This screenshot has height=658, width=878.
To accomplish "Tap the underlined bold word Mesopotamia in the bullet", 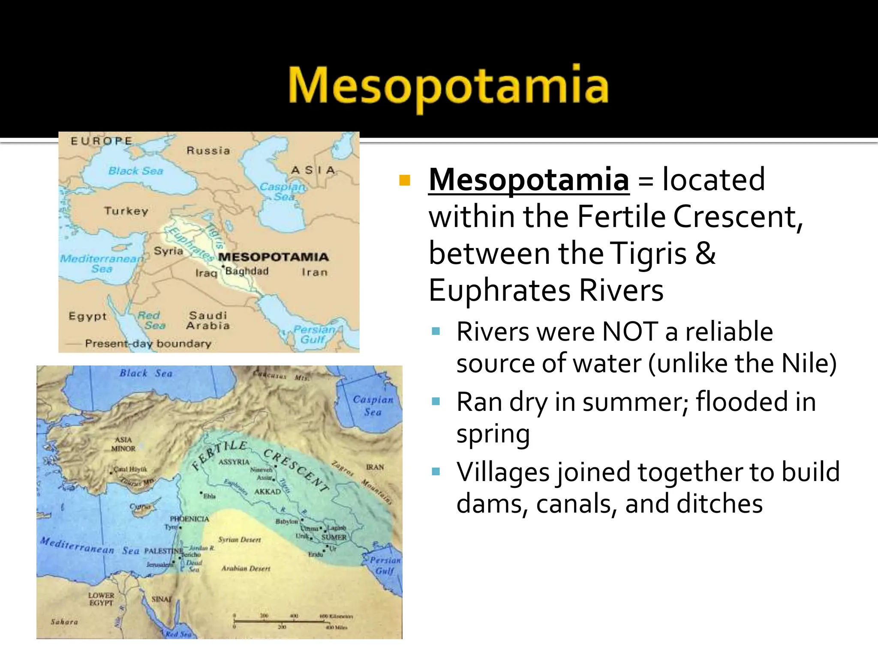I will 529,180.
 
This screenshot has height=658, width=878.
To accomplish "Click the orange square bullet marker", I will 404,180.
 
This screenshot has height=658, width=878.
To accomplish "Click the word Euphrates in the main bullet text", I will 500,290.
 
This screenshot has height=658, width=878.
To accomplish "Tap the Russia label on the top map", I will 208,151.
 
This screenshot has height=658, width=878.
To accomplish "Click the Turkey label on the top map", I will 126,211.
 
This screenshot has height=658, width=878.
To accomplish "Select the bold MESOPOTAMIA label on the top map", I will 273,257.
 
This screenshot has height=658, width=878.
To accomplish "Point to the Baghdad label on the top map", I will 247,271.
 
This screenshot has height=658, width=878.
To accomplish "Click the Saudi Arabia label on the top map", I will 208,320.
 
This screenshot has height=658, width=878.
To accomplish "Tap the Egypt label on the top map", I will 87,316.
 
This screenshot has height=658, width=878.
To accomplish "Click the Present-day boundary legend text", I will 148,344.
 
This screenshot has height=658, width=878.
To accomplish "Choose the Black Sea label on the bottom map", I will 146,373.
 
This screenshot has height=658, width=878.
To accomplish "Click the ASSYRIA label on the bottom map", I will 234,462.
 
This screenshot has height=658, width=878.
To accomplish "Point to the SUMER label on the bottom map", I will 334,537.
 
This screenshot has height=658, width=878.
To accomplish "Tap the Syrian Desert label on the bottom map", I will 239,540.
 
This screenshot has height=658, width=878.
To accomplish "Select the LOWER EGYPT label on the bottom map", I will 101,599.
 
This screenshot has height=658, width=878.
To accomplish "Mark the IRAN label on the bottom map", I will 375,467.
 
